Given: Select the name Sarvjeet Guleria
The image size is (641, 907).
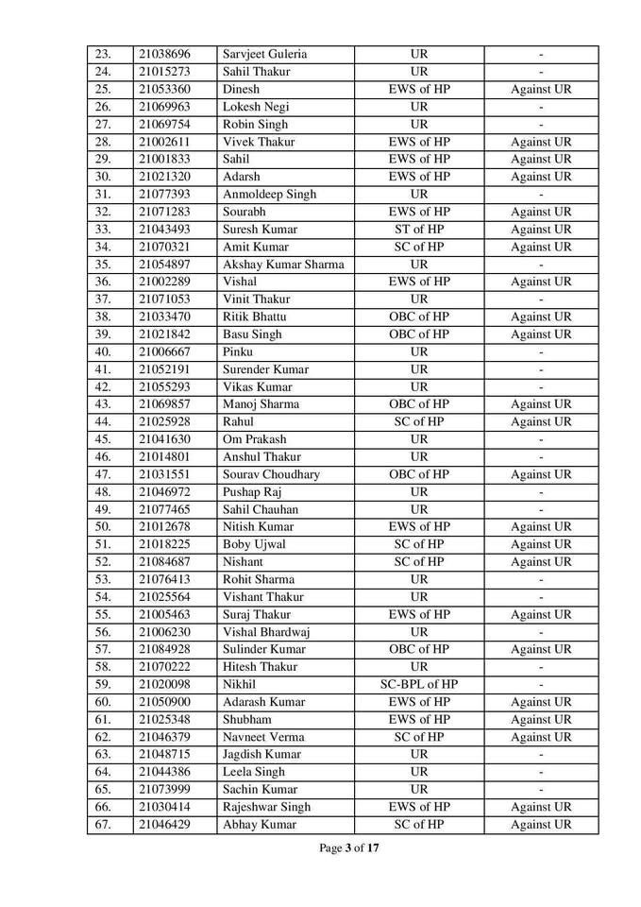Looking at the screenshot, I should point(265,55).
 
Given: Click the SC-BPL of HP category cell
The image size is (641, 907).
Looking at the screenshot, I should point(419,684).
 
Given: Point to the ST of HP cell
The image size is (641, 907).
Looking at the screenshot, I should point(419,230).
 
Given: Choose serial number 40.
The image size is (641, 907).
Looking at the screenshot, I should point(104,352).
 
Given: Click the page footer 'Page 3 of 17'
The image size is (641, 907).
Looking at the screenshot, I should point(349,849).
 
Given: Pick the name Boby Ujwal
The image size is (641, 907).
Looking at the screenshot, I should point(252,544).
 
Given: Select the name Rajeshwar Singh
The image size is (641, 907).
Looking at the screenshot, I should point(267,807).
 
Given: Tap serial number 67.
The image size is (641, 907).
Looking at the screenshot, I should point(104,825).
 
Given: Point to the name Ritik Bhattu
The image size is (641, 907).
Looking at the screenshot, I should point(254,317).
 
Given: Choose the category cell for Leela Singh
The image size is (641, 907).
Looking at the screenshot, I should point(419,772).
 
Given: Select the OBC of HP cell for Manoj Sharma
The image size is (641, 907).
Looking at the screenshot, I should point(419,404).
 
